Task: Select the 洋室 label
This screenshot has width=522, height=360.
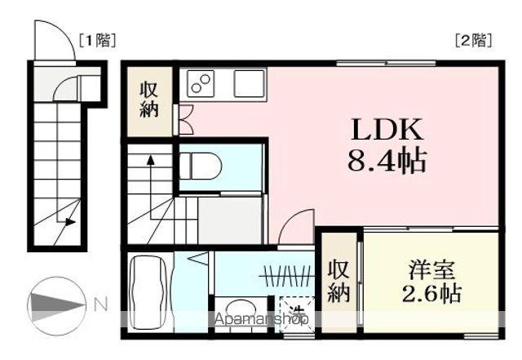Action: pyautogui.click(x=431, y=269)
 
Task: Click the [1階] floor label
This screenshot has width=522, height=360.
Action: pyautogui.click(x=97, y=38)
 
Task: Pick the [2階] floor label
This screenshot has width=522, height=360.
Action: pyautogui.click(x=473, y=38)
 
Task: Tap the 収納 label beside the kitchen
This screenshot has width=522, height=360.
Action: pyautogui.click(x=148, y=100)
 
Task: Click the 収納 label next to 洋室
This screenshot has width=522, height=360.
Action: pyautogui.click(x=339, y=280)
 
